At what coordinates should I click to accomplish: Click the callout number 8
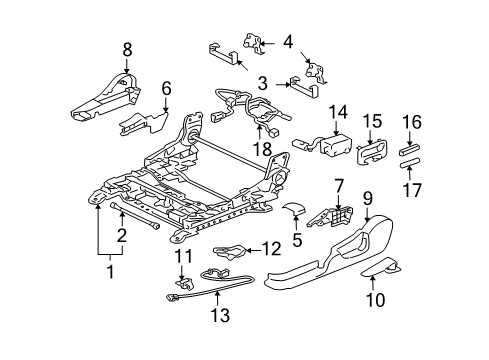coord(127,50)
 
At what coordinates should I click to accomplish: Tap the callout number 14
coord(338,112)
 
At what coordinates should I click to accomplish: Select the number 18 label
coord(262,149)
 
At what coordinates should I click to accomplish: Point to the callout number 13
coord(220,315)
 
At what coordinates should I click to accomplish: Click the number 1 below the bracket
coord(110,272)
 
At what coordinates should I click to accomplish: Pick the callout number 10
coord(376,299)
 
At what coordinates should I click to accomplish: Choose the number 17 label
coord(412,190)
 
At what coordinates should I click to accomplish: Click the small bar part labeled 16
coord(409,149)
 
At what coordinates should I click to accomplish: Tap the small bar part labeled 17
coord(410,163)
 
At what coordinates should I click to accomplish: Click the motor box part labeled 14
coord(335,145)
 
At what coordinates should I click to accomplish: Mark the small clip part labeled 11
coord(185,283)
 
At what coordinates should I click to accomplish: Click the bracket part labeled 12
coord(230,251)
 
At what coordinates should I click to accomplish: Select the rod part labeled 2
coord(135,216)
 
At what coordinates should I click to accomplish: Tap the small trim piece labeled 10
coord(381,267)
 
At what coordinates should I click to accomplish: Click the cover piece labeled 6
coord(144,124)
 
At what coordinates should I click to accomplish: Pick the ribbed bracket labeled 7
coord(330,217)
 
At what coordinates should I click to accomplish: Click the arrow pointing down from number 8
coord(127,66)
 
